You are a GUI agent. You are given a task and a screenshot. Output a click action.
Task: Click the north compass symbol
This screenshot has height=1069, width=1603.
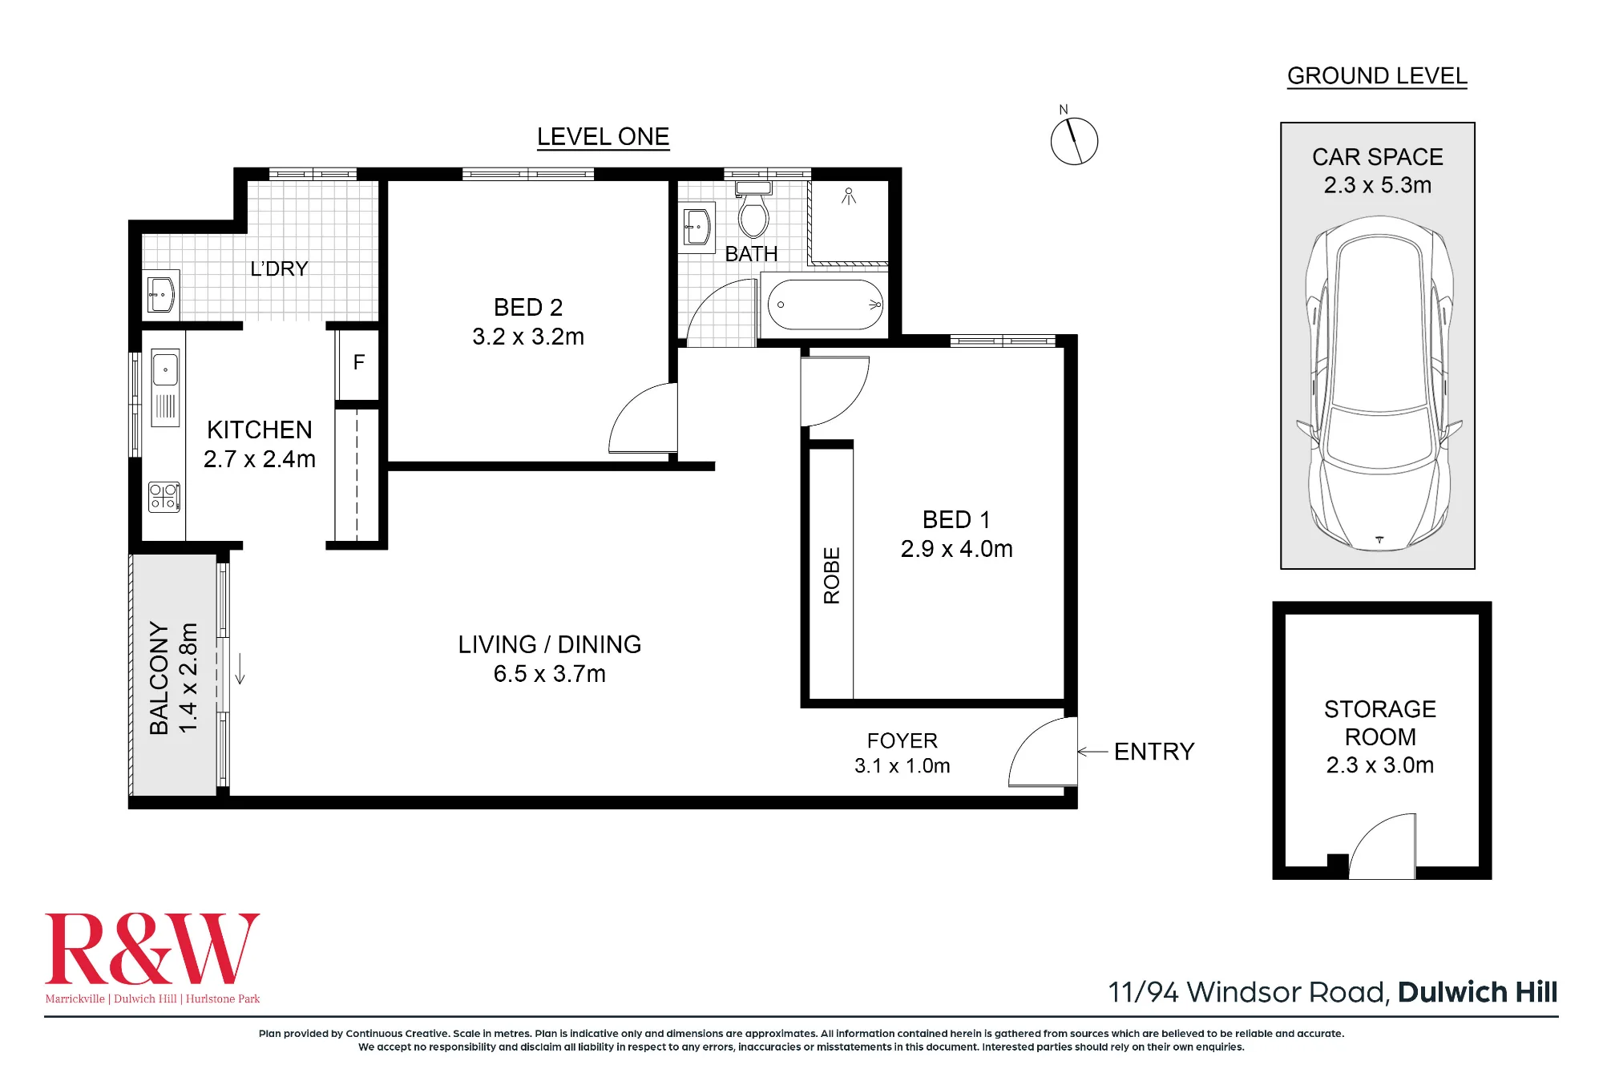click(x=1074, y=141)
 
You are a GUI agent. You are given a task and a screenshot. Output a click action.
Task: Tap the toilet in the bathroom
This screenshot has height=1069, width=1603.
click(x=753, y=210)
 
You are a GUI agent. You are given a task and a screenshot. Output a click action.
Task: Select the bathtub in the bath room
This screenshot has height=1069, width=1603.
click(x=826, y=305)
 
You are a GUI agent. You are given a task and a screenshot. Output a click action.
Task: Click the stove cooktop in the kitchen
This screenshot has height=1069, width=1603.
click(x=164, y=497)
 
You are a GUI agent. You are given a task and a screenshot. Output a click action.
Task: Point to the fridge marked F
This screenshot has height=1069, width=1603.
click(x=358, y=363)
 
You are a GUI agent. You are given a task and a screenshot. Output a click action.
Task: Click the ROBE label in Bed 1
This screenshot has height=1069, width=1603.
click(x=832, y=575)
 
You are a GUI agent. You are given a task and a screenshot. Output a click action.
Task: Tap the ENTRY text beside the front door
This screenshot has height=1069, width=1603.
click(x=1154, y=752)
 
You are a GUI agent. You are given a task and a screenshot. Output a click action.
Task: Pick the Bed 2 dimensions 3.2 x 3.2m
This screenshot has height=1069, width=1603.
click(x=528, y=337)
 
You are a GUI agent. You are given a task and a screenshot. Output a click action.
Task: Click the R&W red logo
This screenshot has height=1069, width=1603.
click(x=152, y=949)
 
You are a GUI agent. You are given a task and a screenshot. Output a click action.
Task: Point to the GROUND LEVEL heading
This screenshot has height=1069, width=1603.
click(x=1377, y=76)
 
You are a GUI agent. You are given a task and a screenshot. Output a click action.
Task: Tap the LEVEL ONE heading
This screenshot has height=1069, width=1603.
click(x=603, y=137)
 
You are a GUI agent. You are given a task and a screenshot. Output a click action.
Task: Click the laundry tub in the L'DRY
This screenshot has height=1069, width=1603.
click(x=163, y=294)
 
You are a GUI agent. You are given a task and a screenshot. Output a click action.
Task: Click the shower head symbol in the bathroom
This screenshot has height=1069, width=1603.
click(x=849, y=196)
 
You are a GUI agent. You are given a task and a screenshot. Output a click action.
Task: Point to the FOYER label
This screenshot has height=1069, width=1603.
click(x=902, y=740)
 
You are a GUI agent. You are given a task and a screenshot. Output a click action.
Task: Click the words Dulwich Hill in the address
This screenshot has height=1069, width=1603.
click(x=1477, y=992)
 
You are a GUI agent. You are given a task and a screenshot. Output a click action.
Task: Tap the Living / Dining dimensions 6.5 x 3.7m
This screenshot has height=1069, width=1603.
click(x=550, y=674)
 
